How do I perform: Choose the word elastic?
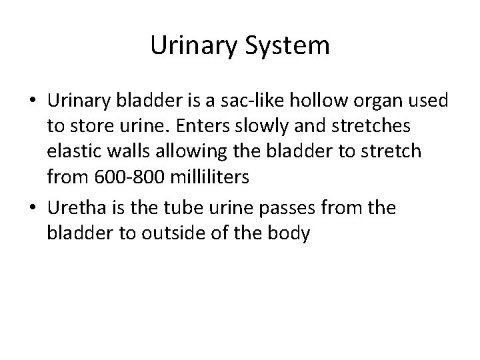click(x=72, y=152)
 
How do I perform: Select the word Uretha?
click(x=73, y=209)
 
